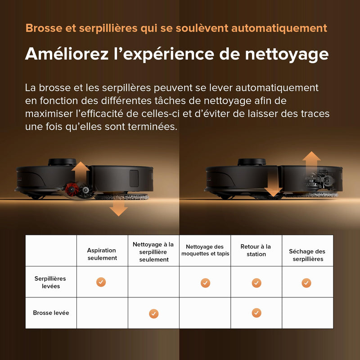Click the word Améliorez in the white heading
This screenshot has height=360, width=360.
point(67,54)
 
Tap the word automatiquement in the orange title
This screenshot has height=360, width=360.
point(279,28)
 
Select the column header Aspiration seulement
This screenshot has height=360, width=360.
point(102,254)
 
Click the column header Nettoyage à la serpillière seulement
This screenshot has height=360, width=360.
point(153,252)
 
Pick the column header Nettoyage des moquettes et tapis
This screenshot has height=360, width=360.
point(205,250)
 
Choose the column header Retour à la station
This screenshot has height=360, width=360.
point(256,250)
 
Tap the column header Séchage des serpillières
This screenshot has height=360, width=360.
point(307,255)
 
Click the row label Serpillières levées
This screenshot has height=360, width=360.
point(50,282)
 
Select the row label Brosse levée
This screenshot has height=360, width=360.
point(51,313)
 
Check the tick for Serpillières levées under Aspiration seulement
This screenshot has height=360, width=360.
point(101,282)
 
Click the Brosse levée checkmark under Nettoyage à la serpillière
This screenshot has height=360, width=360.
point(154,314)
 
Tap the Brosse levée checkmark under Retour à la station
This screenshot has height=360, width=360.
point(256,313)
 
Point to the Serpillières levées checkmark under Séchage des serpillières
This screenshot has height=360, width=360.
point(306,283)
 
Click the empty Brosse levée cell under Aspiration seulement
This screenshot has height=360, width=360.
point(102,313)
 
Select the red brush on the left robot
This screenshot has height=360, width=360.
point(71,189)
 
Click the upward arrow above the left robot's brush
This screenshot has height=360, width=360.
point(81,172)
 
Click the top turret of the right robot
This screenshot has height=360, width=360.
point(252,162)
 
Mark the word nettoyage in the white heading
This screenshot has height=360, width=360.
point(287,54)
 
